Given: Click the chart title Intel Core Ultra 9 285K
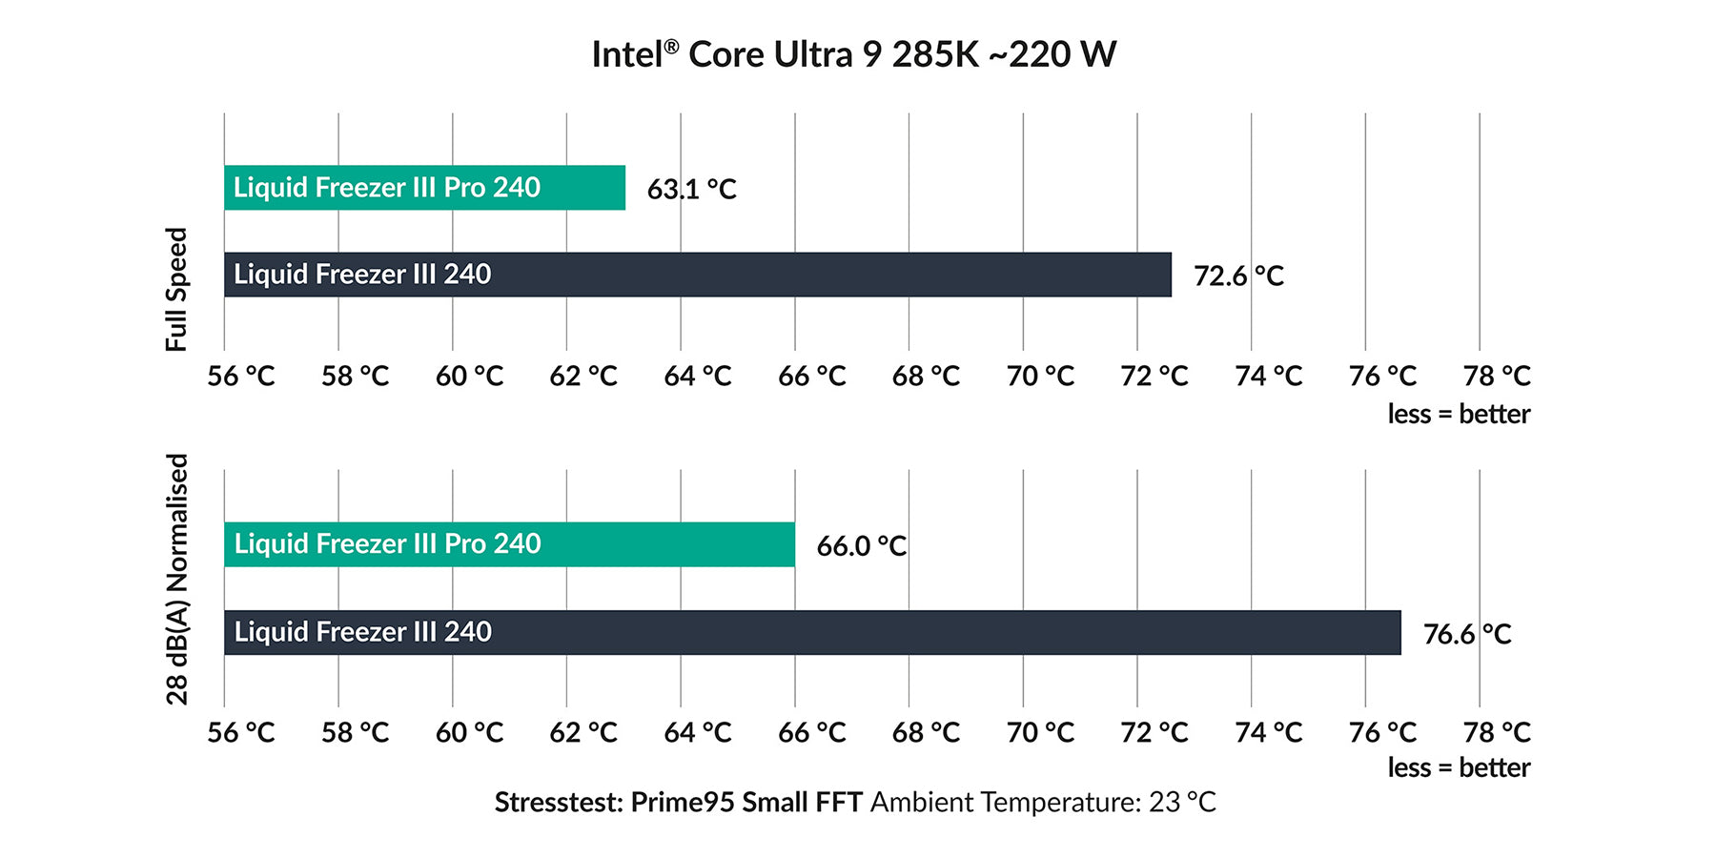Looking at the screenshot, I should (x=853, y=54).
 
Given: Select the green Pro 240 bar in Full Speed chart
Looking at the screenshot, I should (x=424, y=188).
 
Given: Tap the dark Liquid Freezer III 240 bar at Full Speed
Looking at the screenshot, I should (x=697, y=275).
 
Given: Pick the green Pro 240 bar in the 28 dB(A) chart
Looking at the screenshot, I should (x=509, y=544).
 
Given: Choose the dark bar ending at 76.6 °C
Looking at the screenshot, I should (x=812, y=632).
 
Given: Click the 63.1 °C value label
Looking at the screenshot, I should (x=691, y=189).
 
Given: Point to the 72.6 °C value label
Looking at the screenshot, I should (x=1238, y=276).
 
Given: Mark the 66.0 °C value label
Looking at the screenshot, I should (x=861, y=546).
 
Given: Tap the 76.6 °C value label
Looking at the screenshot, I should (x=1467, y=634).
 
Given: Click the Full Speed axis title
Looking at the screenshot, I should (x=177, y=289).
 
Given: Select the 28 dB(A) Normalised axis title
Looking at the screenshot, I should (x=177, y=579).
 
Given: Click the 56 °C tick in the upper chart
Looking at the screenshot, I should (x=240, y=377).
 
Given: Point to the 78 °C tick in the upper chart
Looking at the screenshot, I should (x=1497, y=377).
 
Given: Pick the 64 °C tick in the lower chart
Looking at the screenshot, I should (x=698, y=732).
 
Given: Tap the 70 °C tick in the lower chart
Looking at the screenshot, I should (x=1040, y=732).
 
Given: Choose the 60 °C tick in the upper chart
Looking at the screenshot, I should (x=469, y=377).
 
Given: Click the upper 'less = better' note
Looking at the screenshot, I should (x=1459, y=414).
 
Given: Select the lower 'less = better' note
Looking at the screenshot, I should (x=1459, y=767).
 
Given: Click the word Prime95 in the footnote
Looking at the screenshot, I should (x=682, y=803).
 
